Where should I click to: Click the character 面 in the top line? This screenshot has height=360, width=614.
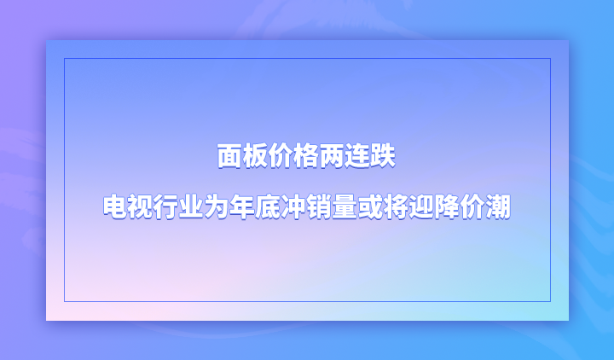230,156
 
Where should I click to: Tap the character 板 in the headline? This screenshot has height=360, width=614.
255,156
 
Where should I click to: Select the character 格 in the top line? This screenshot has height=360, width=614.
306,156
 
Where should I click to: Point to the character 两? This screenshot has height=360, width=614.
332,156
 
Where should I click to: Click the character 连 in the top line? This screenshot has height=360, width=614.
357,156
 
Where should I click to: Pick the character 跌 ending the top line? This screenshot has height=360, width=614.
383,156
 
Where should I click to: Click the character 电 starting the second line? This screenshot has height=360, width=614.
115,206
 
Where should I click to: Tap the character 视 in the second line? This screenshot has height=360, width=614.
141,206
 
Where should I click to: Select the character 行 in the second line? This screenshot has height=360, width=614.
166,206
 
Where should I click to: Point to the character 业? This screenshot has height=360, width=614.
192,206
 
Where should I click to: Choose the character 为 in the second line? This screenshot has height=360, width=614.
217,206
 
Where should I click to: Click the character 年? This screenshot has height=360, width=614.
243,206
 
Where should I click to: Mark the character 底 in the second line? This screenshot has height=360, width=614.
269,206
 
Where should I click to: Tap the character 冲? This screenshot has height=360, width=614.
293,206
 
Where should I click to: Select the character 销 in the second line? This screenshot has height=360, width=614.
319,206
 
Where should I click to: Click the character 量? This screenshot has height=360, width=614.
345,206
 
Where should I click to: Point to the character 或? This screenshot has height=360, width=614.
370,206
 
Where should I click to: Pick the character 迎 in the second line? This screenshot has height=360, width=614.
421,206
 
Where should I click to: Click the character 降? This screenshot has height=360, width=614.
446,206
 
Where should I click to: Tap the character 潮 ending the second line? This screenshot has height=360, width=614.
498,206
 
